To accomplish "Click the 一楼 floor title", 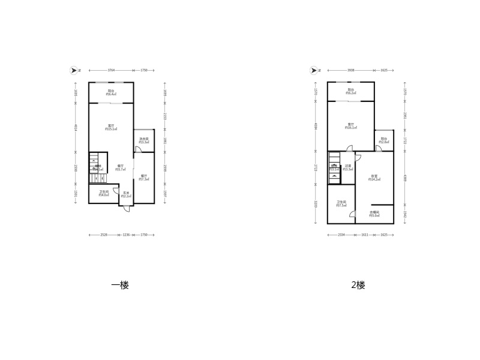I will (120, 286).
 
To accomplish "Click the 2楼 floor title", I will (358, 286).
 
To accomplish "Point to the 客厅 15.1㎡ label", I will (111, 127).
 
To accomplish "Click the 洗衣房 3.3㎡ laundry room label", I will (144, 141).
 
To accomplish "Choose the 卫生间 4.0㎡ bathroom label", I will (104, 193).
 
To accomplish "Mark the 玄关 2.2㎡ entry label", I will (127, 194).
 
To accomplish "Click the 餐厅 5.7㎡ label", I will (121, 168).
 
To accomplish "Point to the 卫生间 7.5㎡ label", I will (341, 204).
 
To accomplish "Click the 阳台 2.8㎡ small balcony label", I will (383, 140).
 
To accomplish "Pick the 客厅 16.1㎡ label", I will (351, 126).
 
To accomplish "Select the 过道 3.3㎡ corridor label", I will (347, 168).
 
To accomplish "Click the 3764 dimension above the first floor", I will (111, 71).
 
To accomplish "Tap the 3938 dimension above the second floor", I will (351, 71).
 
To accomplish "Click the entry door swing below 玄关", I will (126, 208).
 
